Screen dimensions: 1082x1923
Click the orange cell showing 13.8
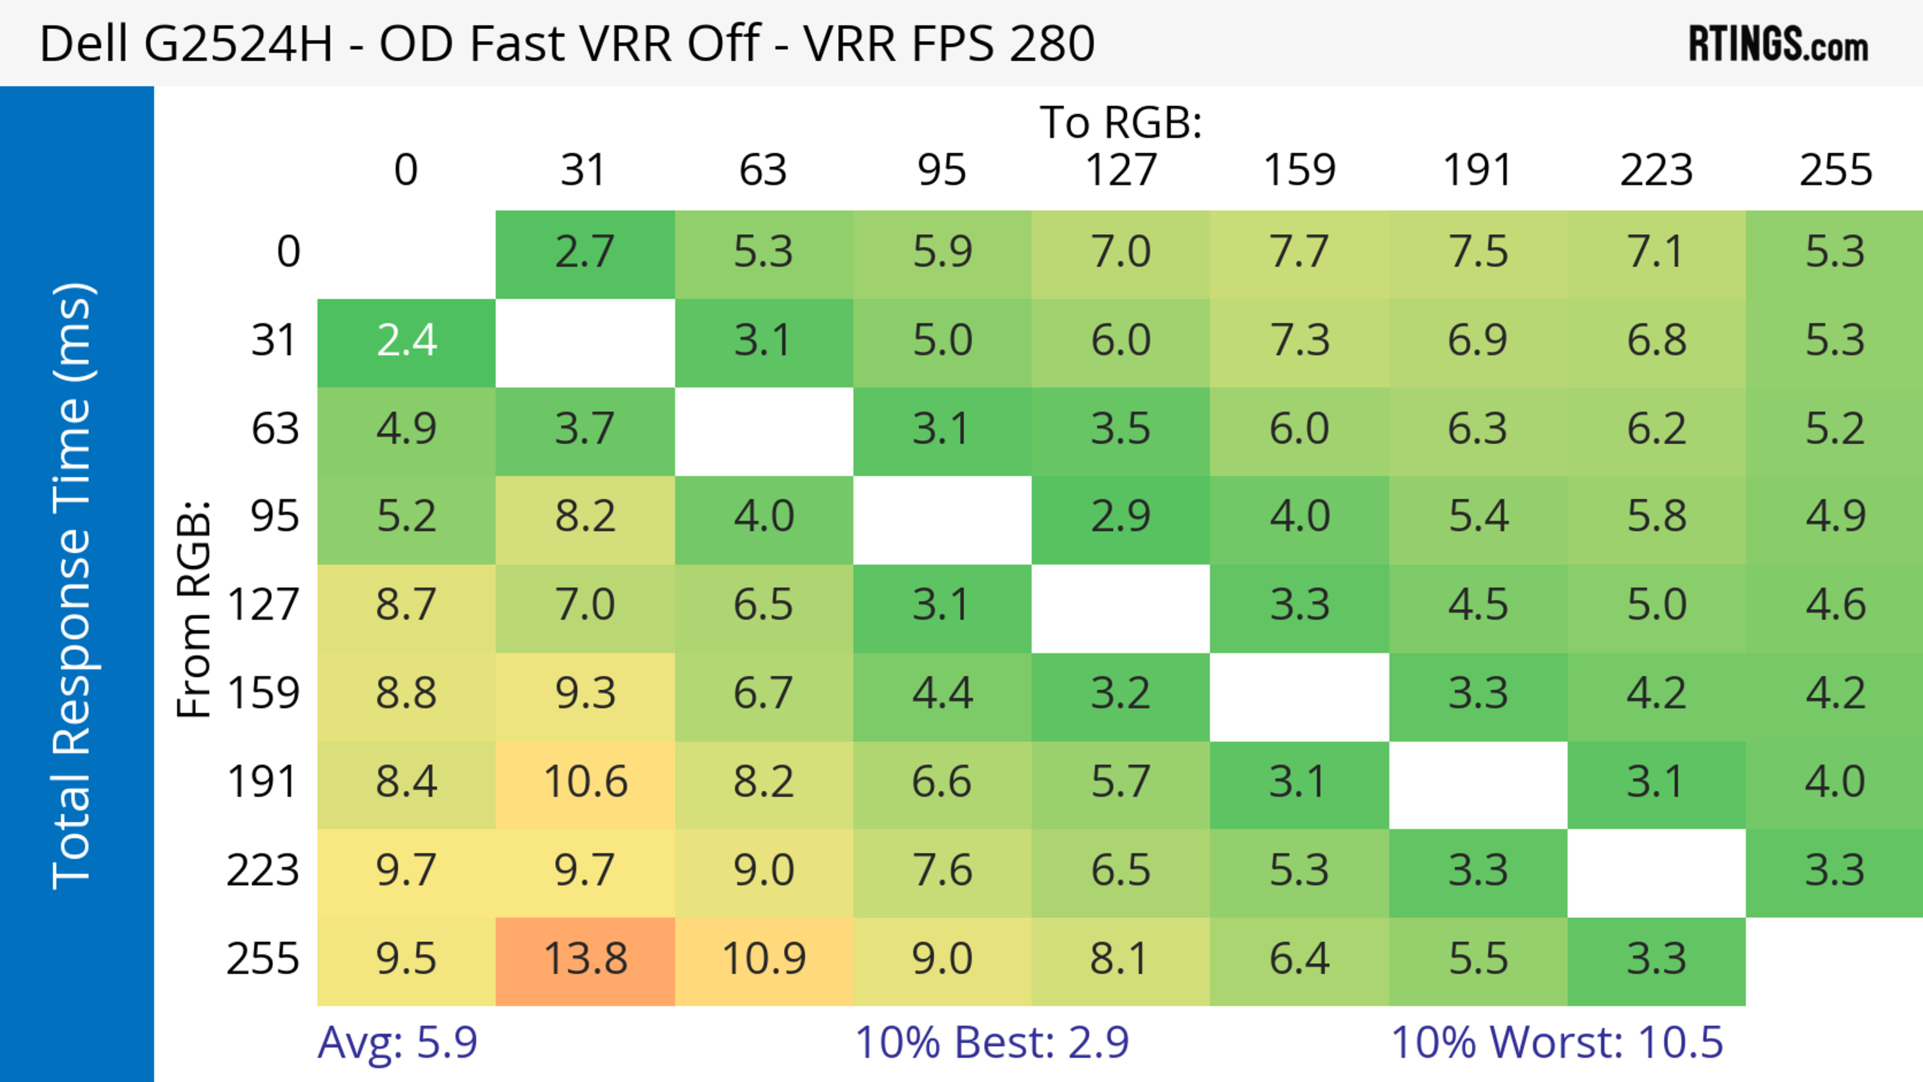[585, 960]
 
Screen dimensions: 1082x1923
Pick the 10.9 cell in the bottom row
[764, 960]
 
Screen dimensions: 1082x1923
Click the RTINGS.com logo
[1778, 44]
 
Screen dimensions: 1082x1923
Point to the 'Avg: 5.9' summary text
[397, 1042]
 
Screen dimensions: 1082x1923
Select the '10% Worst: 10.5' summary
[1556, 1042]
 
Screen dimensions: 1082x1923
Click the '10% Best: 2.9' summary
[992, 1042]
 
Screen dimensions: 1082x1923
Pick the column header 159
[1299, 170]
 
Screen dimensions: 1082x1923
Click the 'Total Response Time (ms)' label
[73, 586]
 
